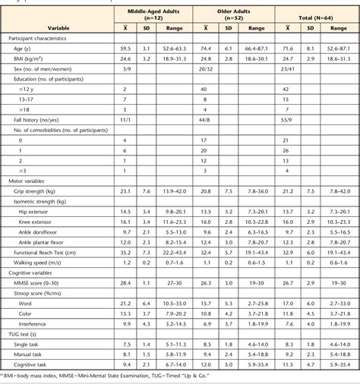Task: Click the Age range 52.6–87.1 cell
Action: [339, 46]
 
